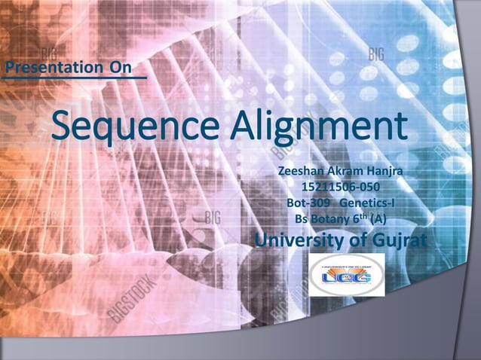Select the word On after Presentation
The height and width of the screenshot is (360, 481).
[x=121, y=67]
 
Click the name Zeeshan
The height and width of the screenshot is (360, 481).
[x=301, y=172]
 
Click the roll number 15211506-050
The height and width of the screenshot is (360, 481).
[x=340, y=188]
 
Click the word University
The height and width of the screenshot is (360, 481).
[x=294, y=240]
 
